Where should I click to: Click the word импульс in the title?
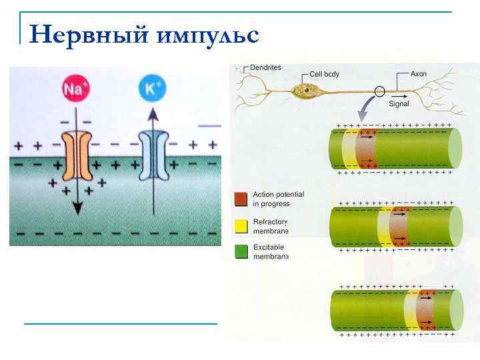coord(208,35)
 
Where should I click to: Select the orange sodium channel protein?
coord(77,157)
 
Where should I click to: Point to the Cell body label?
coord(324,74)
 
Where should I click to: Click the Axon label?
coord(419,73)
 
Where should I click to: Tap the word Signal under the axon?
coord(399,104)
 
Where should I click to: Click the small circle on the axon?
coord(381,91)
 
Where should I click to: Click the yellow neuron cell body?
coord(308,89)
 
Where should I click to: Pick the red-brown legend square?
coord(241,199)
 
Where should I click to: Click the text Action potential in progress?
coord(278,199)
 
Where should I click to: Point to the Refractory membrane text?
coord(271,226)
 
